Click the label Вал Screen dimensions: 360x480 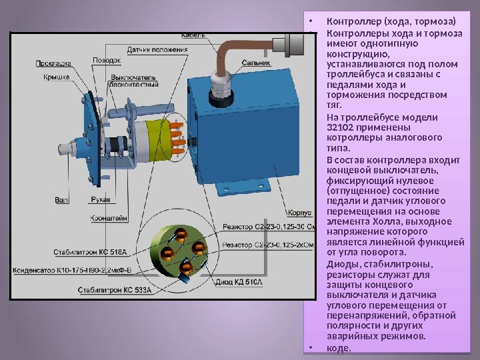pos(62,199)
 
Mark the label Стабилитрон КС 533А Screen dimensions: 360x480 pos(114,291)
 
